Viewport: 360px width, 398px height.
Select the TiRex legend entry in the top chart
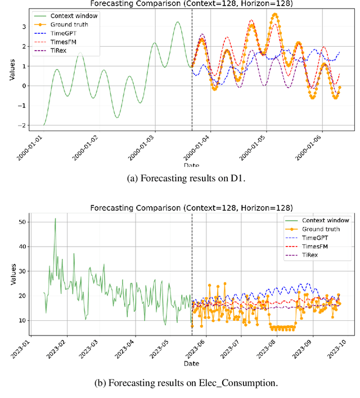[x=61, y=52]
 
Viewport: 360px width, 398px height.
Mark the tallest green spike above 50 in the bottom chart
[x=55, y=219]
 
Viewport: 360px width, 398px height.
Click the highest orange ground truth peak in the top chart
[x=274, y=14]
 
